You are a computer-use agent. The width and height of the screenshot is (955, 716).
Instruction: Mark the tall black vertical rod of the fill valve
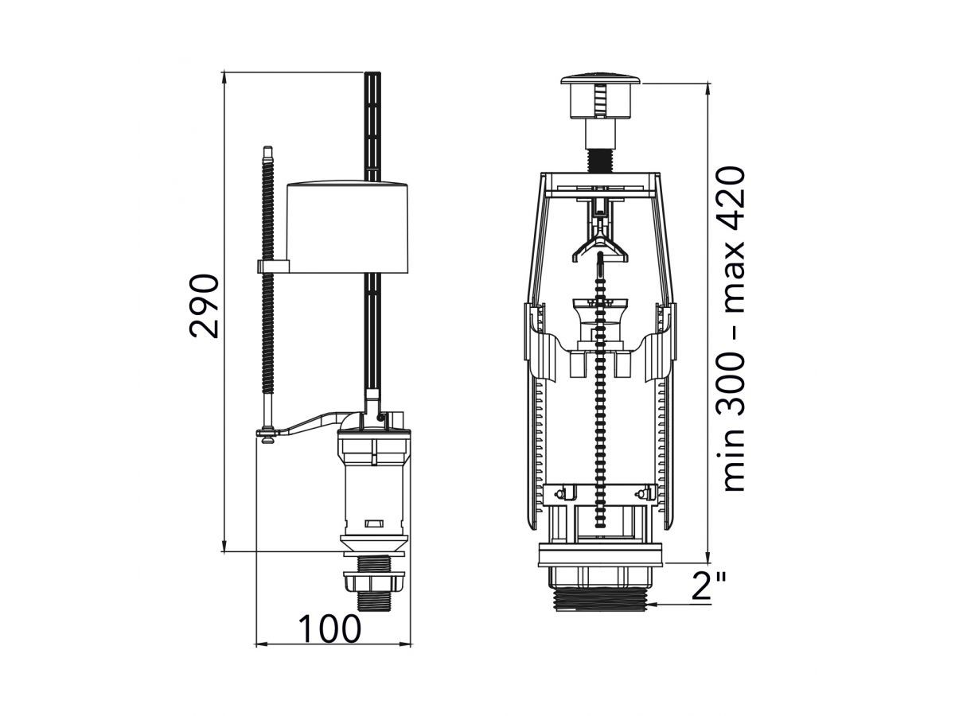pos(372,127)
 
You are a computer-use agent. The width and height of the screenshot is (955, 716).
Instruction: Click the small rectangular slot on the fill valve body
pos(373,523)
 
